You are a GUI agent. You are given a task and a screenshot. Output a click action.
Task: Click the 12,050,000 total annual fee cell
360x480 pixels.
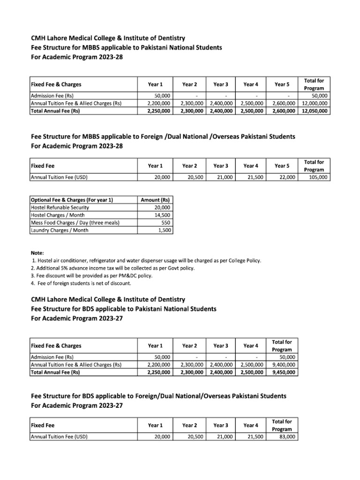click(315, 111)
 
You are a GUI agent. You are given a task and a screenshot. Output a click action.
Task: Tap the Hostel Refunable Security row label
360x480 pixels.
click(60, 207)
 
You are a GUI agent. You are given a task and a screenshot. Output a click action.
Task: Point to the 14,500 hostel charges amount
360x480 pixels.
click(162, 215)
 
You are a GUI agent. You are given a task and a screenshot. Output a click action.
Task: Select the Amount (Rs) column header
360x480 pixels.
click(155, 200)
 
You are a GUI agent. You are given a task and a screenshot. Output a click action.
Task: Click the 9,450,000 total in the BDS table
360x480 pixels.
click(284, 372)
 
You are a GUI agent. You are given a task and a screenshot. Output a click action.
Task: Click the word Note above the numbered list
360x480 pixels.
click(37, 253)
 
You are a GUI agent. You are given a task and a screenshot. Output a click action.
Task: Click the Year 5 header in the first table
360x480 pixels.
click(282, 84)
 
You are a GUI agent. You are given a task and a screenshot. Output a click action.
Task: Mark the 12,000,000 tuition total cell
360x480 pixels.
click(315, 104)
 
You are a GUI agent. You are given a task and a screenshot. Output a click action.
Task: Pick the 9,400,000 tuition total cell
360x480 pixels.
click(284, 365)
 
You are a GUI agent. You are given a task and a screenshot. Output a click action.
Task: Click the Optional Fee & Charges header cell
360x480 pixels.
click(71, 200)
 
